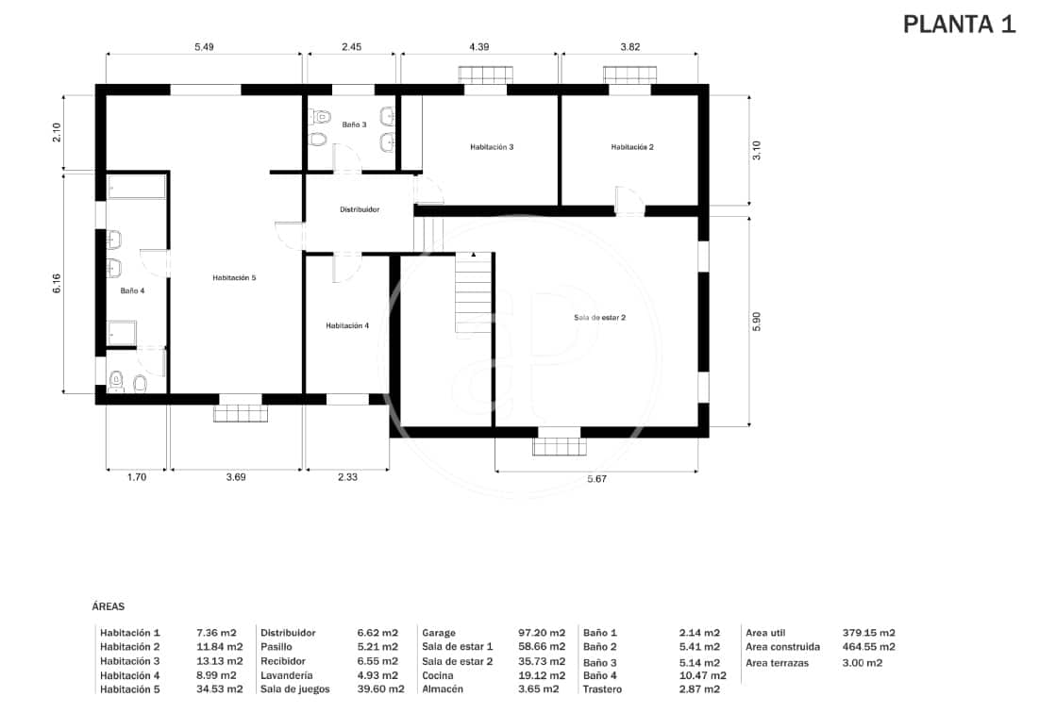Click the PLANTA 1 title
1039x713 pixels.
[x=959, y=25]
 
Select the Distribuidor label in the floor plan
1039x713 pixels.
[x=360, y=209]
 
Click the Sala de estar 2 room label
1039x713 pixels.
[x=599, y=318]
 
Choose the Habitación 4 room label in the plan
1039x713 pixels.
[x=347, y=325]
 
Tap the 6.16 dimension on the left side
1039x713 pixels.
[x=57, y=283]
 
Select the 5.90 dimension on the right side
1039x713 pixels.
[x=756, y=321]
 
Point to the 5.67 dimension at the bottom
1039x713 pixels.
[x=596, y=480]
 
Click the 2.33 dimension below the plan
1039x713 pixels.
[x=347, y=478]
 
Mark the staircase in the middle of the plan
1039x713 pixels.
[x=473, y=292]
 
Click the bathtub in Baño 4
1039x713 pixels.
[x=137, y=187]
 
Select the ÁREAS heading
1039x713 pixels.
[x=109, y=607]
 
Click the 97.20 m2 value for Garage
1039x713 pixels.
[x=545, y=633]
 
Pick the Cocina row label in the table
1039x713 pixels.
[x=439, y=675]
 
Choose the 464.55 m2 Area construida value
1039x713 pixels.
[x=868, y=647]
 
